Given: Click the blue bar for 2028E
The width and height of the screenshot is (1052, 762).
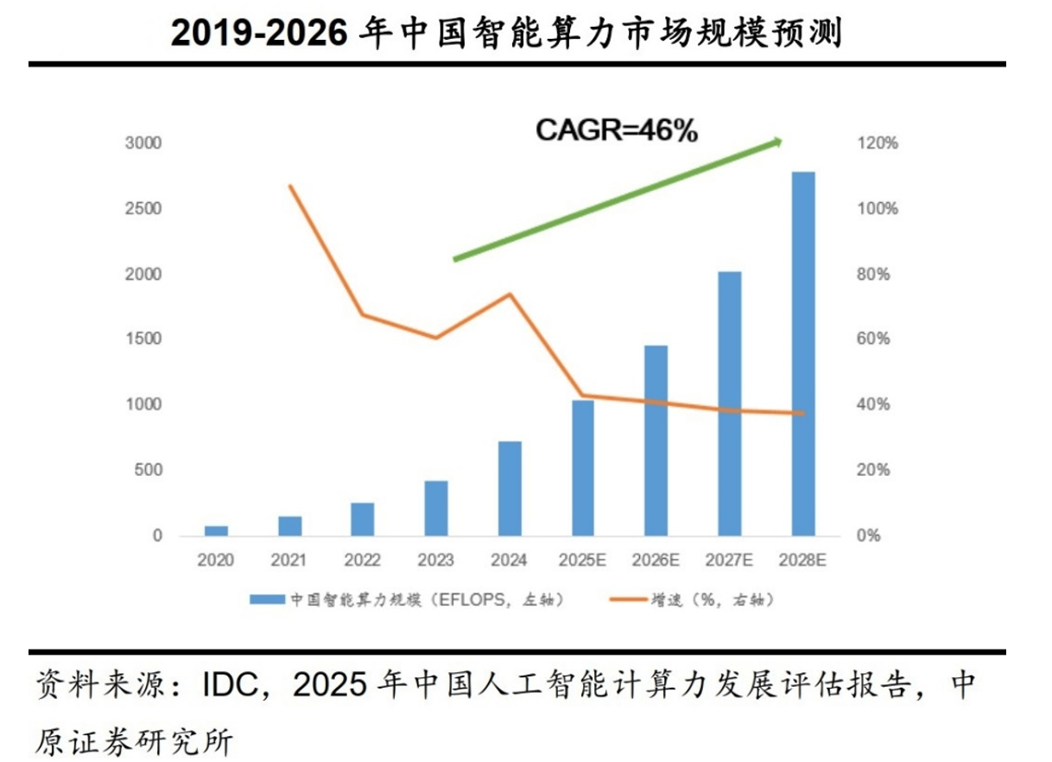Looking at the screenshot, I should pos(803,354).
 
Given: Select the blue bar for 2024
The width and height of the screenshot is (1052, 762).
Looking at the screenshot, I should pos(510,489).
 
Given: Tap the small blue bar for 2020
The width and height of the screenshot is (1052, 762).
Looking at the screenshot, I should pos(216,530).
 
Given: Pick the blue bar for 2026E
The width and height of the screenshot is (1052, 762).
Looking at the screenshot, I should pos(656,441).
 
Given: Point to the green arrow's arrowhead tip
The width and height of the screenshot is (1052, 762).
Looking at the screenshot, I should pos(781,141).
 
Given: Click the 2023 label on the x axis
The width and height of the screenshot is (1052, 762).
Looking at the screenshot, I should pos(435,561).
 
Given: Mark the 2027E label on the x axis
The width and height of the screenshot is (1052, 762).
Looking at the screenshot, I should pos(730,561).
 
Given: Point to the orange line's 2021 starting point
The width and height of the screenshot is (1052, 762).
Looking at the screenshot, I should pos(290,186).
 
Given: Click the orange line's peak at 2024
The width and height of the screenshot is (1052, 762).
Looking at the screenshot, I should pos(510,294).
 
